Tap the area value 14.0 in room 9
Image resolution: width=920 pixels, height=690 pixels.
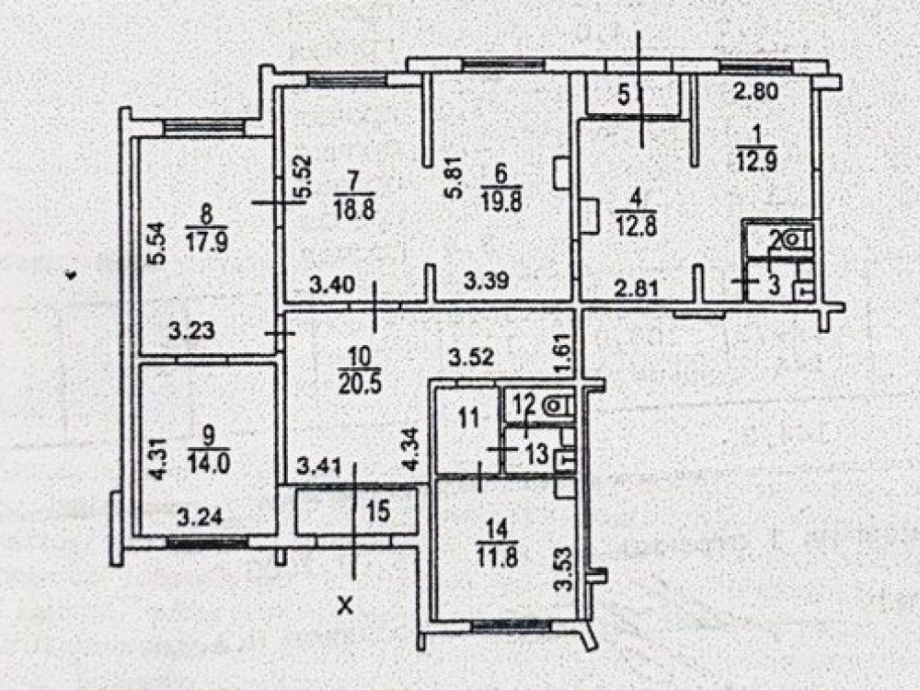point(209,463)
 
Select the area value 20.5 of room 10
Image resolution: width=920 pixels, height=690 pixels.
point(360,384)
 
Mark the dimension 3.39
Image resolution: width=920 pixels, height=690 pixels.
point(487,281)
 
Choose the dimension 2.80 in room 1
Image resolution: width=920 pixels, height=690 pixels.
point(756,91)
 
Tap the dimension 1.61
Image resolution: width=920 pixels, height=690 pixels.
point(565,354)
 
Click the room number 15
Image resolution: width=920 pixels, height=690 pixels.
point(378,511)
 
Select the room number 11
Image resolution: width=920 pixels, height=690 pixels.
point(469,419)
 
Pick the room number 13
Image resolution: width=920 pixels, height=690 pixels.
point(537,454)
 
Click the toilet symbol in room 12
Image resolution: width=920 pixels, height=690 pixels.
point(555,405)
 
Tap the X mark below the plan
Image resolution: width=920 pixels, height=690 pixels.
point(346,605)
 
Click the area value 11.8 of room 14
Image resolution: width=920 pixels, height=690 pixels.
point(498,557)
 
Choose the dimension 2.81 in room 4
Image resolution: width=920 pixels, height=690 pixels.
point(636,288)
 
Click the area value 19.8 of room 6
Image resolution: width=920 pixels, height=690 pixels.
point(501,202)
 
